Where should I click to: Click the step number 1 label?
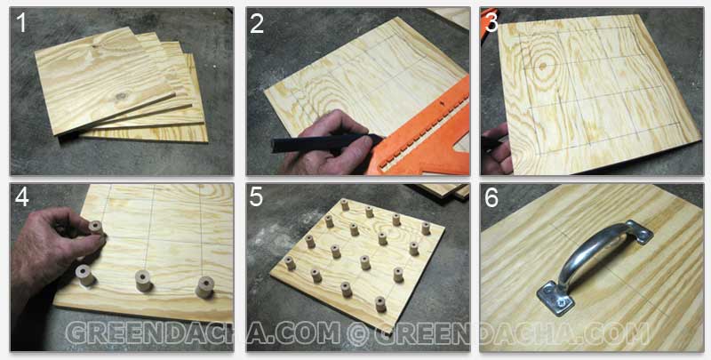[20, 23]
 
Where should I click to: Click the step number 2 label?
[257, 23]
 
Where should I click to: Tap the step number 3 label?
[492, 23]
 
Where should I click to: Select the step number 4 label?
[21, 197]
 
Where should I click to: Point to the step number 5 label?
[256, 197]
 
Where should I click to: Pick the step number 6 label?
[491, 197]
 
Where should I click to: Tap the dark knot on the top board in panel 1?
[121, 96]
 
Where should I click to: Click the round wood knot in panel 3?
[543, 66]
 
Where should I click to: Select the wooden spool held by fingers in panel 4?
[96, 228]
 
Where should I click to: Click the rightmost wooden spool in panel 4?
[204, 287]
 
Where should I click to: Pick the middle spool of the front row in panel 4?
[144, 281]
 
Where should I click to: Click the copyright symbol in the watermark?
[357, 333]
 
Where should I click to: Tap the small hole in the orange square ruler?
[442, 104]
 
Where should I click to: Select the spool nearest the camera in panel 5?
[380, 304]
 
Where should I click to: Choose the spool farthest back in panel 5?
[345, 205]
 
